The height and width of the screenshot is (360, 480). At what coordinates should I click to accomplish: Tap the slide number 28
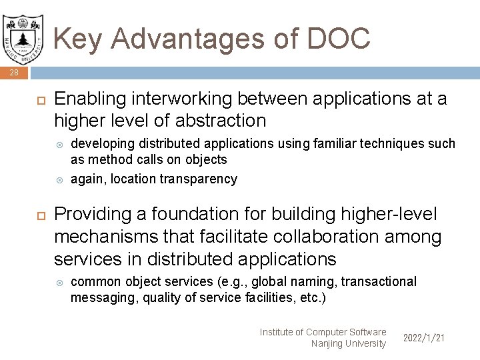14,73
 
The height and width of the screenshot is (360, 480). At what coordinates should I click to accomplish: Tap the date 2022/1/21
424,338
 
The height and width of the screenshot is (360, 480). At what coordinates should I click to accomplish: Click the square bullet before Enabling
38,99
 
